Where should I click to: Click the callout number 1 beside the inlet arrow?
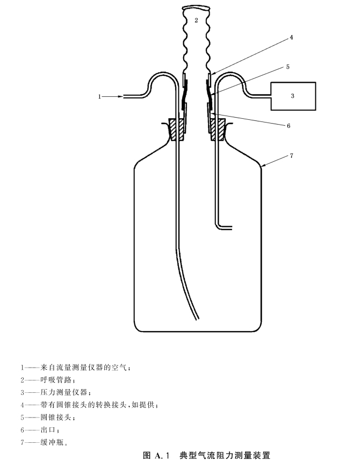click(x=99, y=97)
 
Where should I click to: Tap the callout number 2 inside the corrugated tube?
click(x=197, y=20)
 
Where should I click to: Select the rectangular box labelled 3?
click(x=292, y=96)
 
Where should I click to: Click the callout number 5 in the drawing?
click(x=287, y=67)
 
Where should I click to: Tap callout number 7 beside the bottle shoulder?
click(x=291, y=155)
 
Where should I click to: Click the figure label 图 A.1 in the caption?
click(x=156, y=456)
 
